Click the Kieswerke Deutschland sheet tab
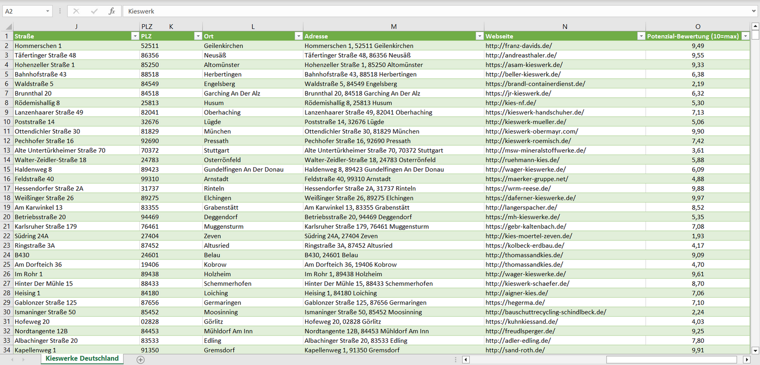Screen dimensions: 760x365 coord(82,359)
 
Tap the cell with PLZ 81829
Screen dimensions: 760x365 coord(150,131)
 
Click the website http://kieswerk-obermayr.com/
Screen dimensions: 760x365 coord(532,131)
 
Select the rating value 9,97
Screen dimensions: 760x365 coord(697,198)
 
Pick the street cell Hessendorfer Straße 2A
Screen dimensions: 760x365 coord(49,188)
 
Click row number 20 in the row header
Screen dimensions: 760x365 coord(7,217)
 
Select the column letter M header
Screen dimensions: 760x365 coord(393,26)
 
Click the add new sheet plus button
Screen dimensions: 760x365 coord(140,360)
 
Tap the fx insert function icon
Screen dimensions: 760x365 coord(112,11)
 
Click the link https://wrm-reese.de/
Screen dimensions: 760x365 coord(518,188)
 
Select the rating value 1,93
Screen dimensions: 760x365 coord(697,236)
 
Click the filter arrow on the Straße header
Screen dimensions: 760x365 coord(135,36)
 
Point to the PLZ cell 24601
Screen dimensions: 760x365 coord(150,255)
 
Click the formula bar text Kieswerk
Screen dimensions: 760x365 coord(141,11)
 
